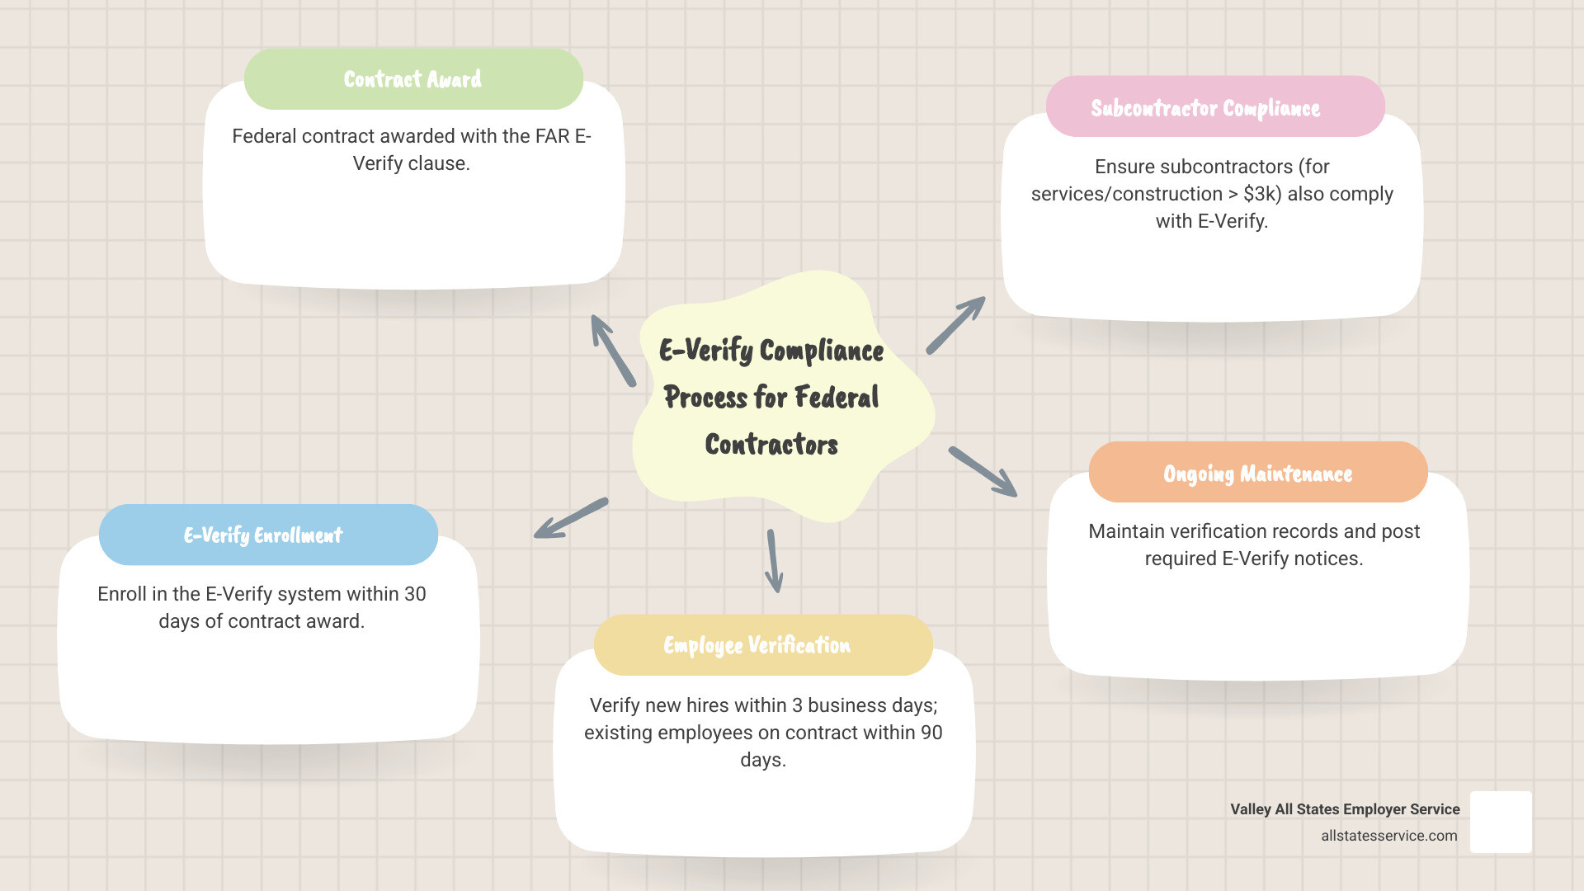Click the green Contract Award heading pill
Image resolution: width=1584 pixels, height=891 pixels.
(x=413, y=79)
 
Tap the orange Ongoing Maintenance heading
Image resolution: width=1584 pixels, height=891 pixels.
(x=1257, y=474)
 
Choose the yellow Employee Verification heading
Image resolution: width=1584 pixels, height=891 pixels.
(x=757, y=645)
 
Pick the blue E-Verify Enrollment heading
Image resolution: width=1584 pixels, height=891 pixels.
(x=262, y=535)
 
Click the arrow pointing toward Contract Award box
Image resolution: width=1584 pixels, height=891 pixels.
(x=612, y=350)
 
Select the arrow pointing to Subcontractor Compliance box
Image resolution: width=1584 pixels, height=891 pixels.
(x=956, y=325)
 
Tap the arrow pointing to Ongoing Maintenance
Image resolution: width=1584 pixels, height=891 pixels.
(x=983, y=472)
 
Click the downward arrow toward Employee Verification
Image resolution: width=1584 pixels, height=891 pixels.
(x=773, y=561)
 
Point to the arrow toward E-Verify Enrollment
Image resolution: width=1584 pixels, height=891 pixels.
(x=570, y=519)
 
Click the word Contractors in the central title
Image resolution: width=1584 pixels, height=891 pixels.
(x=771, y=445)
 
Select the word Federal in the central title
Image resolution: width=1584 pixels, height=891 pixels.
(x=837, y=398)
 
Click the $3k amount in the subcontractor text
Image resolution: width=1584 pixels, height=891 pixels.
(x=1261, y=194)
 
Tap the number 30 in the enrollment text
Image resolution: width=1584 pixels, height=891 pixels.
(x=415, y=594)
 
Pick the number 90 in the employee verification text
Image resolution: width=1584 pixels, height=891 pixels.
(x=931, y=733)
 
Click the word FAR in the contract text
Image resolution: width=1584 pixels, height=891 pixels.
(x=552, y=136)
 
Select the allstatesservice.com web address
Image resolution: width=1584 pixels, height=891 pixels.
(x=1388, y=836)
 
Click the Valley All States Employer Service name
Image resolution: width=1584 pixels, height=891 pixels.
(x=1345, y=809)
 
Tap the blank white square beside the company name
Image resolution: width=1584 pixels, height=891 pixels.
(x=1501, y=822)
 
